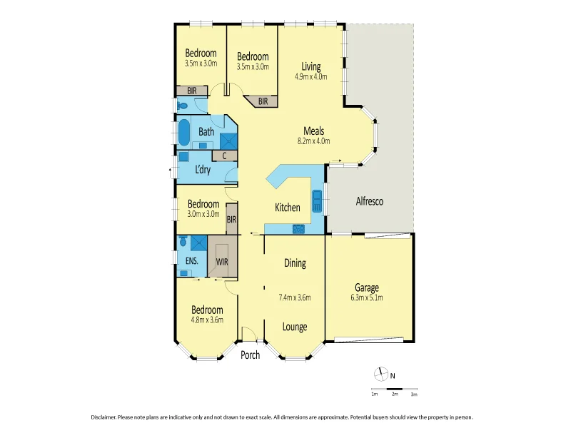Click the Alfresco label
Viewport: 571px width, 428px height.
(370, 202)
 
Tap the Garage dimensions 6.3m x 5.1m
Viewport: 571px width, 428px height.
(368, 297)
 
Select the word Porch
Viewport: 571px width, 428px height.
(250, 355)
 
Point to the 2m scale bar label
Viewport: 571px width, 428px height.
(394, 394)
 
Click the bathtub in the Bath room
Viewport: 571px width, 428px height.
(183, 132)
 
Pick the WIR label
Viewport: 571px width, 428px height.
(222, 262)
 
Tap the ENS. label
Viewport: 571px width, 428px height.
(191, 262)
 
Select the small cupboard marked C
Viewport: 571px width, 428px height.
(225, 155)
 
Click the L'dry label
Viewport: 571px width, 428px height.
(203, 170)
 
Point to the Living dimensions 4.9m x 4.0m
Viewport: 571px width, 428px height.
(310, 76)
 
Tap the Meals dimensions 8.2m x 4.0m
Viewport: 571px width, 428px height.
(314, 141)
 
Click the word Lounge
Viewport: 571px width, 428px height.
(295, 327)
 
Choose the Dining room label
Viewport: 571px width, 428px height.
(295, 263)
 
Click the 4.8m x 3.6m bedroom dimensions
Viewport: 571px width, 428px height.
(206, 320)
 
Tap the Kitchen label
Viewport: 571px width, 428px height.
(288, 208)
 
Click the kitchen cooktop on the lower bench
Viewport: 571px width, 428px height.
(299, 229)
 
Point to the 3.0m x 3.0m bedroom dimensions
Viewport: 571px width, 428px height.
(203, 214)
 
